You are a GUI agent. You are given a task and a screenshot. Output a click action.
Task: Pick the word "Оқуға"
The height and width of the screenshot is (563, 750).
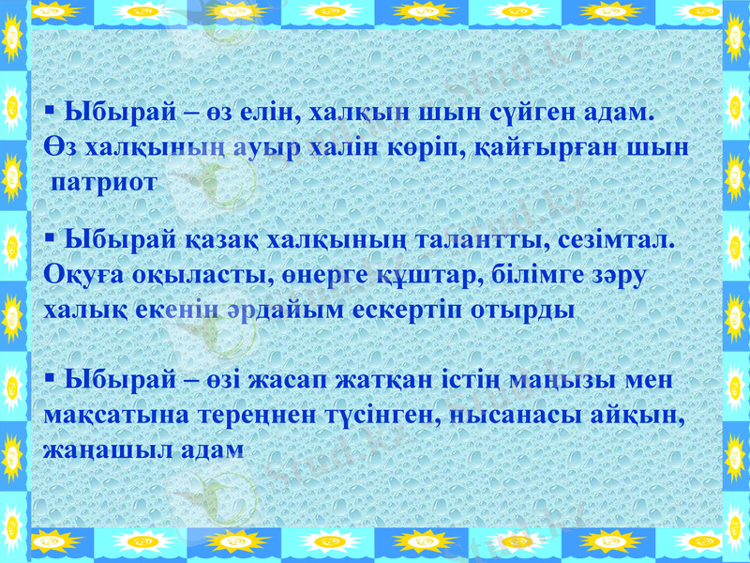pyautogui.click(x=79, y=275)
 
